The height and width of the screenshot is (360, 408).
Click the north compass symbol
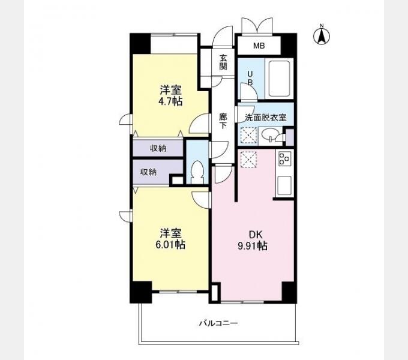tap(322, 36)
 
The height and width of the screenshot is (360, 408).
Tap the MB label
tap(259, 46)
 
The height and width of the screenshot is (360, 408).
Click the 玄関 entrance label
tap(223, 62)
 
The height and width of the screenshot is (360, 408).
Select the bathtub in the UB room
tap(279, 78)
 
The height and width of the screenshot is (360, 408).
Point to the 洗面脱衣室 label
tap(266, 118)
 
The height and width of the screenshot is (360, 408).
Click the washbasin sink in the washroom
tap(269, 135)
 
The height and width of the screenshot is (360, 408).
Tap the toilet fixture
tap(197, 173)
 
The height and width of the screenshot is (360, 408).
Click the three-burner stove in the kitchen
tap(285, 158)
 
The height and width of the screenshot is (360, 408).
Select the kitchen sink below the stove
tap(284, 185)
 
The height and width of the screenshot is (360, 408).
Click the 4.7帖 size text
tap(170, 101)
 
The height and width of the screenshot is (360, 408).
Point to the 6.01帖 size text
tap(170, 245)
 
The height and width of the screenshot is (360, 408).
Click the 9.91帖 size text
tap(253, 246)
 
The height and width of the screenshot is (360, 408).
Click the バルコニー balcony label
tap(218, 323)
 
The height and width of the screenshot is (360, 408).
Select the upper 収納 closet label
tap(158, 148)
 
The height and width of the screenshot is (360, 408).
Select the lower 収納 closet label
tap(149, 172)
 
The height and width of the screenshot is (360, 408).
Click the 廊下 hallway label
tap(223, 121)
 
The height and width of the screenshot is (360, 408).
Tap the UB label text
tap(250, 78)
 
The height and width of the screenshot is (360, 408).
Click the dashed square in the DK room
tap(248, 160)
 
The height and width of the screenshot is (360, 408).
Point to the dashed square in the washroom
tap(248, 135)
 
